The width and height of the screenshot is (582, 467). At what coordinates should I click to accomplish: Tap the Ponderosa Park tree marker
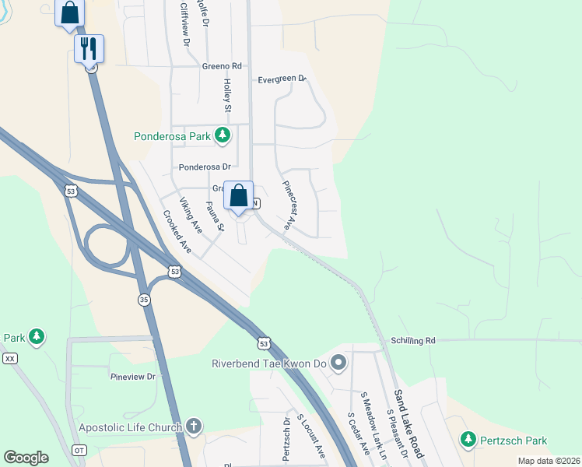pos(223,136)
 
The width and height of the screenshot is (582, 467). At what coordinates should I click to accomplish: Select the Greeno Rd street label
pos(222,66)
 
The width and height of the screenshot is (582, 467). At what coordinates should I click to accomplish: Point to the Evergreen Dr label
pos(283,79)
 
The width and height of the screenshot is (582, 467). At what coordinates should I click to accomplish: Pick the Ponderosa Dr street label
pos(205,167)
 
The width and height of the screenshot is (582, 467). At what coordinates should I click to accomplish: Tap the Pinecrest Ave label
pos(287,205)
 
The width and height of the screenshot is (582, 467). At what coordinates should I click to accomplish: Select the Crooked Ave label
pos(177,231)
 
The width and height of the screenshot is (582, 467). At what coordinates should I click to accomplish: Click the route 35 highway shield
pos(144,298)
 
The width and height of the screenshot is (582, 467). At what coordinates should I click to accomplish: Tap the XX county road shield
pos(9,358)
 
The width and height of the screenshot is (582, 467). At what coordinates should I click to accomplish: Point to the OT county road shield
pos(79,450)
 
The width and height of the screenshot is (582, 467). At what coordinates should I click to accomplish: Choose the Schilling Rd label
pos(413,340)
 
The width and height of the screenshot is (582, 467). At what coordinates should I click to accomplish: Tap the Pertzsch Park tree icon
pos(468,440)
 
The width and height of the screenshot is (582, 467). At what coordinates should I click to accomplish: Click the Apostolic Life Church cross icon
pos(193,427)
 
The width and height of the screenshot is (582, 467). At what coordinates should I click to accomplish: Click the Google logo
pos(26,458)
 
